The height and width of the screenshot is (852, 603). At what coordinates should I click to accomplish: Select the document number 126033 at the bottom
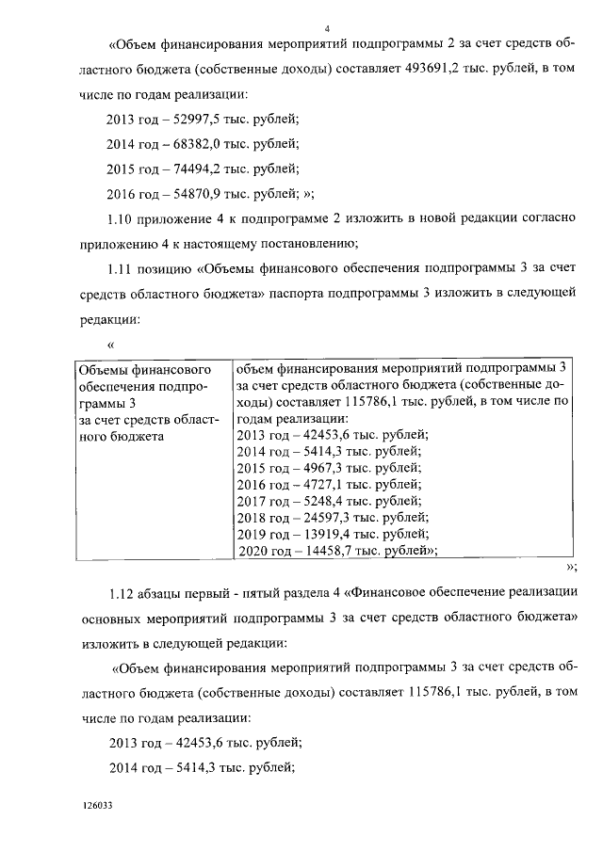coord(97,806)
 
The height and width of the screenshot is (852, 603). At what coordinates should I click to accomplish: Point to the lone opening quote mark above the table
coord(111,345)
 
